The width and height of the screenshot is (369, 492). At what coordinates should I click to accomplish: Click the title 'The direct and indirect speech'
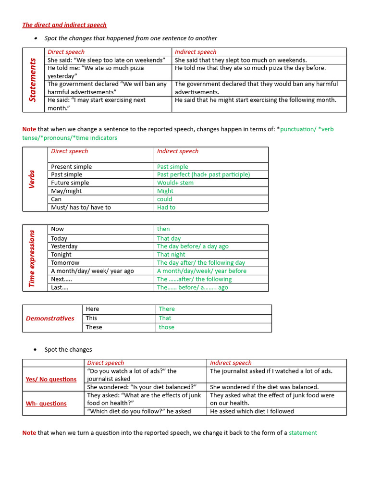pyautogui.click(x=64, y=25)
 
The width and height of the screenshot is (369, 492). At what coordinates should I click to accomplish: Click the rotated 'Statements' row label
pyautogui.click(x=33, y=80)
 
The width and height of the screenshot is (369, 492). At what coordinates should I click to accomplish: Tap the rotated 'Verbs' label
pyautogui.click(x=32, y=179)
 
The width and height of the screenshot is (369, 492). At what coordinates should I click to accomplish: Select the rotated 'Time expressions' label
pyautogui.click(x=32, y=258)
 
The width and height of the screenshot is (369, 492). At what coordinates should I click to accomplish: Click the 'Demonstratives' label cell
pyautogui.click(x=50, y=318)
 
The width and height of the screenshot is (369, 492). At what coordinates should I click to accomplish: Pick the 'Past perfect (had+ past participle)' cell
pyautogui.click(x=203, y=174)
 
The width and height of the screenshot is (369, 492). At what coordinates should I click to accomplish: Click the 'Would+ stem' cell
pyautogui.click(x=175, y=183)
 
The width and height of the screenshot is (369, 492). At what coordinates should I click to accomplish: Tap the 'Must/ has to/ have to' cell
pyautogui.click(x=81, y=207)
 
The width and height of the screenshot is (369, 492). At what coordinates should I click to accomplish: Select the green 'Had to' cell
pyautogui.click(x=166, y=207)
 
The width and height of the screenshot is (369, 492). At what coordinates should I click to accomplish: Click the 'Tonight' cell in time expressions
pyautogui.click(x=61, y=254)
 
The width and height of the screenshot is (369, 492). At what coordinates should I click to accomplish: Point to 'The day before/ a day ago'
pyautogui.click(x=193, y=246)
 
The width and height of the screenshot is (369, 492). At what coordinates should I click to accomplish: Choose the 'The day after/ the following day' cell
pyautogui.click(x=201, y=262)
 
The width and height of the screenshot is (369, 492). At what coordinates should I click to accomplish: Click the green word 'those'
pyautogui.click(x=167, y=327)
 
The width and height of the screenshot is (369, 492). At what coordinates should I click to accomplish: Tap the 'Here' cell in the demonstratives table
pyautogui.click(x=92, y=309)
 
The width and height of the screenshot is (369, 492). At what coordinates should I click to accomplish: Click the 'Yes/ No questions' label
pyautogui.click(x=51, y=379)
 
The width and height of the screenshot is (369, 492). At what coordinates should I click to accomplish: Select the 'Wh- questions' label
pyautogui.click(x=46, y=403)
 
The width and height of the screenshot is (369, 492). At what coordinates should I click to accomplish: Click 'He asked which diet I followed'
pyautogui.click(x=252, y=411)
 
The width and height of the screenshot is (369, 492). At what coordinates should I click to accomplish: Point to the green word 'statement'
pyautogui.click(x=303, y=432)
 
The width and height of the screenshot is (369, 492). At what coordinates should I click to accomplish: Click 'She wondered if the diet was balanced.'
pyautogui.click(x=264, y=387)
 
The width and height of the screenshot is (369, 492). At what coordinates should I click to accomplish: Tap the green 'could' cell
pyautogui.click(x=164, y=199)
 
